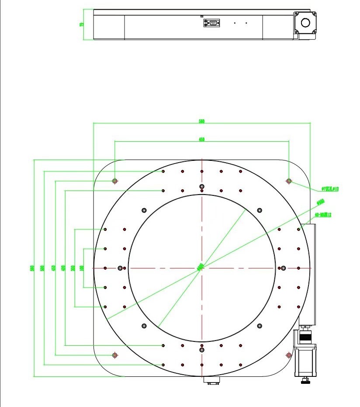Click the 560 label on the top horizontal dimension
pos(202,121)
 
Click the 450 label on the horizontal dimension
pos(202,139)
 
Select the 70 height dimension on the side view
pos(82,24)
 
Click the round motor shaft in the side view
pos(305,23)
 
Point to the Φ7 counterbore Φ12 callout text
pos(330,189)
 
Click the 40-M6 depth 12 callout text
pos(324,215)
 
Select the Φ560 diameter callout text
pos(320,202)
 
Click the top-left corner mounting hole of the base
pos(115,181)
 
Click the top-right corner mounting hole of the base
pos(289,181)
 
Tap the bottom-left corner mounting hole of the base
pos(115,355)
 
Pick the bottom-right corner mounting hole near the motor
pos(288,355)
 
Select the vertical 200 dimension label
pos(73,268)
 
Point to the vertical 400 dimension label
pos(63,268)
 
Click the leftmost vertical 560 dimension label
pos(32,268)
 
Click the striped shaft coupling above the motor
pos(305,337)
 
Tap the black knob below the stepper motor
pos(305,383)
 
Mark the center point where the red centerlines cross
pos(202,268)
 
